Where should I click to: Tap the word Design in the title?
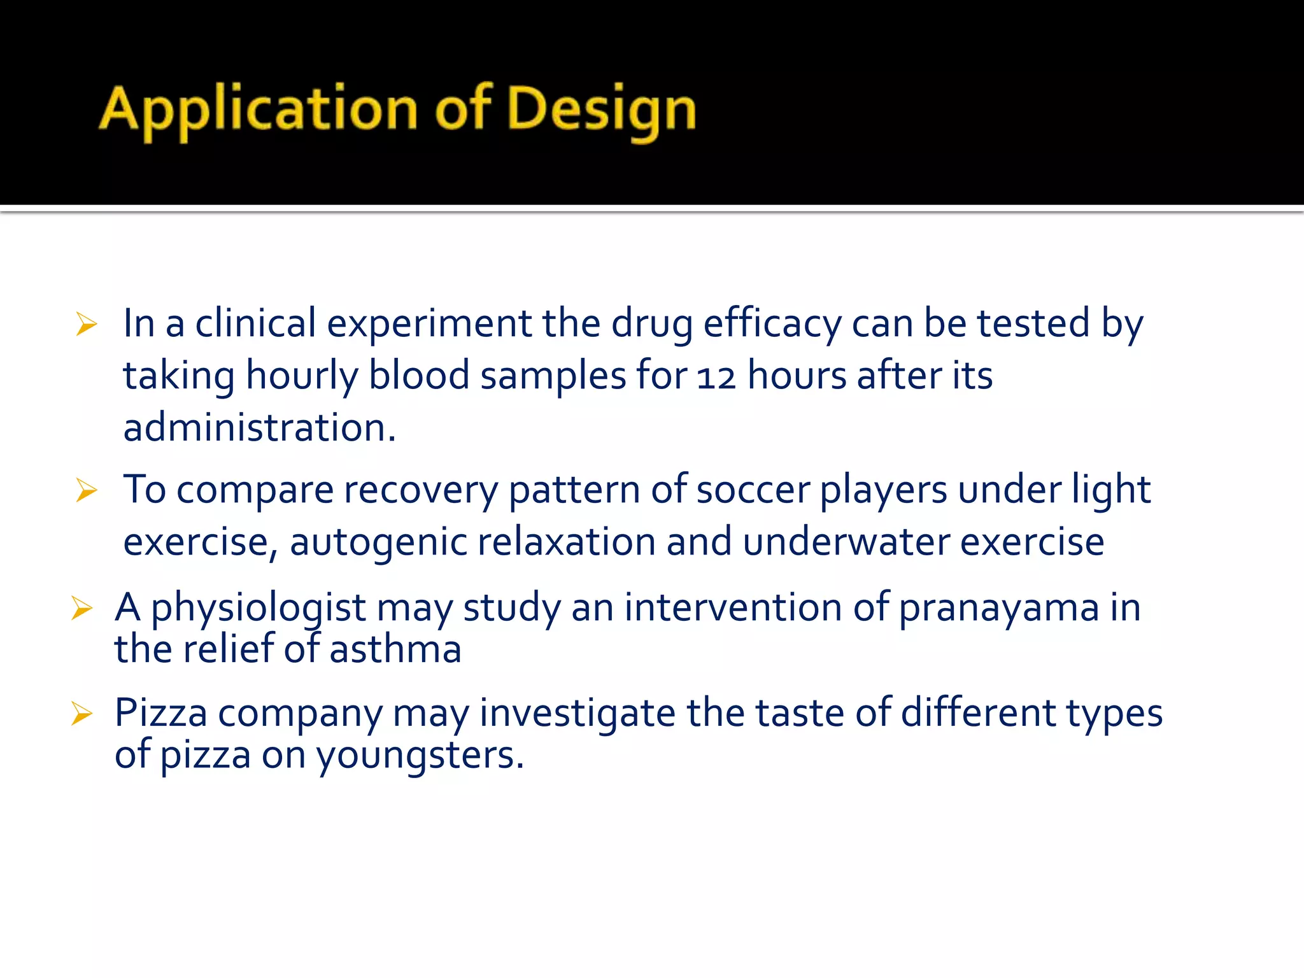602,110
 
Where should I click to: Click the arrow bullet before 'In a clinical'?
86,325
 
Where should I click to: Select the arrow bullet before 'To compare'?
86,491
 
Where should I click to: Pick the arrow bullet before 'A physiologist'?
82,608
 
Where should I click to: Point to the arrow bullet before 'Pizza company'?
82,714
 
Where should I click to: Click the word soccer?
753,490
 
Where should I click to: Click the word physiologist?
258,608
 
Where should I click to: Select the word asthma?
395,650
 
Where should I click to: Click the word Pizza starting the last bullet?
160,713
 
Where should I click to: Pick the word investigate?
577,713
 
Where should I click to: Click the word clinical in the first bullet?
255,323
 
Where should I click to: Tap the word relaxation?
566,542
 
